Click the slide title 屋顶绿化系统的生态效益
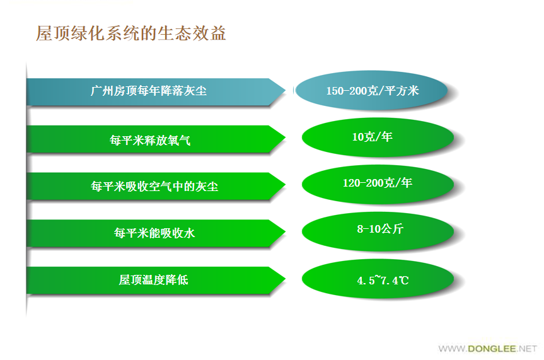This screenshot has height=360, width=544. [131, 33]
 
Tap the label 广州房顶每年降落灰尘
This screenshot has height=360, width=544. [149, 91]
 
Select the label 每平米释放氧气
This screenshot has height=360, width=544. [150, 140]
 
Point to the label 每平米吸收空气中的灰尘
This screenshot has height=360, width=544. [154, 187]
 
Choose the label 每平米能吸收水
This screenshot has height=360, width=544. [154, 233]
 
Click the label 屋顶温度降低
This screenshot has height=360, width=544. [153, 280]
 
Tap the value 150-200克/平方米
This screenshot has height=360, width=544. [373, 91]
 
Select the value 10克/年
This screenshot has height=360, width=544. [373, 137]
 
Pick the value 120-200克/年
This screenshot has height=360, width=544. [378, 183]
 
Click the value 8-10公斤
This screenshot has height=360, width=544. [380, 229]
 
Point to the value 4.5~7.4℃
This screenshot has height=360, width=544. [383, 280]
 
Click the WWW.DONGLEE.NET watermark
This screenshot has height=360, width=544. [487, 349]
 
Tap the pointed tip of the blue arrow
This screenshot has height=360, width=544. [285, 91]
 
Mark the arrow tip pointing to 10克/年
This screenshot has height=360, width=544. [285, 138]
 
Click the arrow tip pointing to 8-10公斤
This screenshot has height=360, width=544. [285, 232]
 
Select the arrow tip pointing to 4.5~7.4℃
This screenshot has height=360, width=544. [285, 279]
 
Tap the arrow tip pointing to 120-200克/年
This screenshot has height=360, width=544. [285, 185]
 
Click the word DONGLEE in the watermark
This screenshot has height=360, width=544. [492, 349]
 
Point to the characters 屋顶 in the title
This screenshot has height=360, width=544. [53, 33]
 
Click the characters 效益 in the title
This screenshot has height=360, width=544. [209, 33]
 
